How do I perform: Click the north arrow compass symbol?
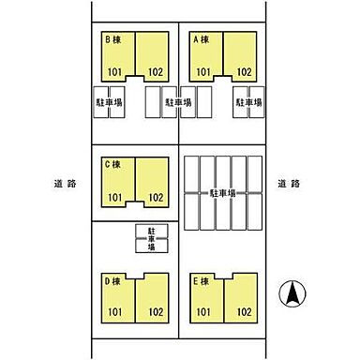292,293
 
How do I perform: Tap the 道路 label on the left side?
65,184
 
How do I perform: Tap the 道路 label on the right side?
289,184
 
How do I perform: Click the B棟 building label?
113,39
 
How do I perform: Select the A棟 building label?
202,39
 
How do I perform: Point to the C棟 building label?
112,164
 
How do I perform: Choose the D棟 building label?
112,281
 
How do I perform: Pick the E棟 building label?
201,281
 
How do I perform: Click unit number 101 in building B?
114,72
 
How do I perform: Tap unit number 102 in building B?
156,72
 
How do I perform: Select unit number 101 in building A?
203,72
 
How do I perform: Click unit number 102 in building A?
244,72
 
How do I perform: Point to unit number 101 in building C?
114,198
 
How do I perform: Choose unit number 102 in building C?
156,198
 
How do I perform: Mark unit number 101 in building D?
114,312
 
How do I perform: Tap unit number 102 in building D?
156,312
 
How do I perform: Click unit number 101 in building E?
203,312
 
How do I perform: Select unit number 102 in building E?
244,312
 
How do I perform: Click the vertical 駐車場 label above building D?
152,239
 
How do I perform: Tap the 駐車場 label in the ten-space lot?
222,194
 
